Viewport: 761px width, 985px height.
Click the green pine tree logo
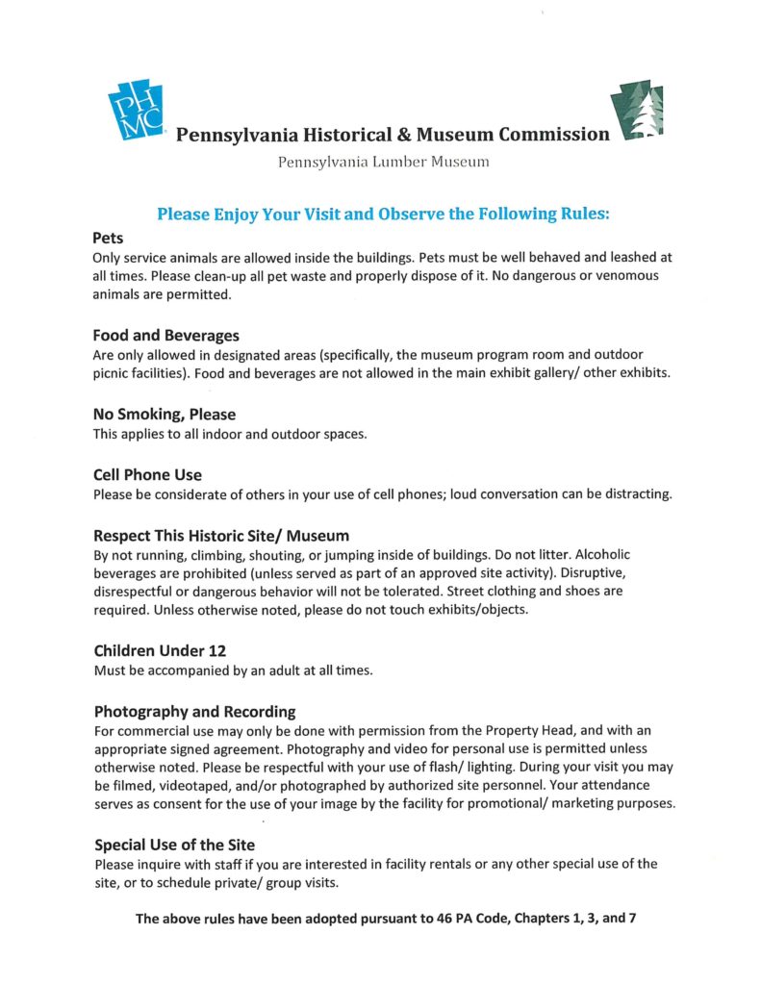(x=636, y=113)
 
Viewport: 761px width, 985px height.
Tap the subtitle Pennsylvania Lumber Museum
(x=383, y=162)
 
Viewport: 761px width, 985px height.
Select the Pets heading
(x=108, y=238)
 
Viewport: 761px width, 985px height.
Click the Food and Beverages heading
(x=165, y=336)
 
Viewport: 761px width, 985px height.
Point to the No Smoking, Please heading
(x=164, y=415)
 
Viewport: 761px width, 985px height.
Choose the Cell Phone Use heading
(x=147, y=475)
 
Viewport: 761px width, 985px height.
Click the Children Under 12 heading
(x=159, y=650)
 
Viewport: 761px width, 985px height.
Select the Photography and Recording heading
(x=194, y=712)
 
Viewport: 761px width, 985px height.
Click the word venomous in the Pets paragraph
(x=622, y=276)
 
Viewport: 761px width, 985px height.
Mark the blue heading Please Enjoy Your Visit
(x=383, y=214)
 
